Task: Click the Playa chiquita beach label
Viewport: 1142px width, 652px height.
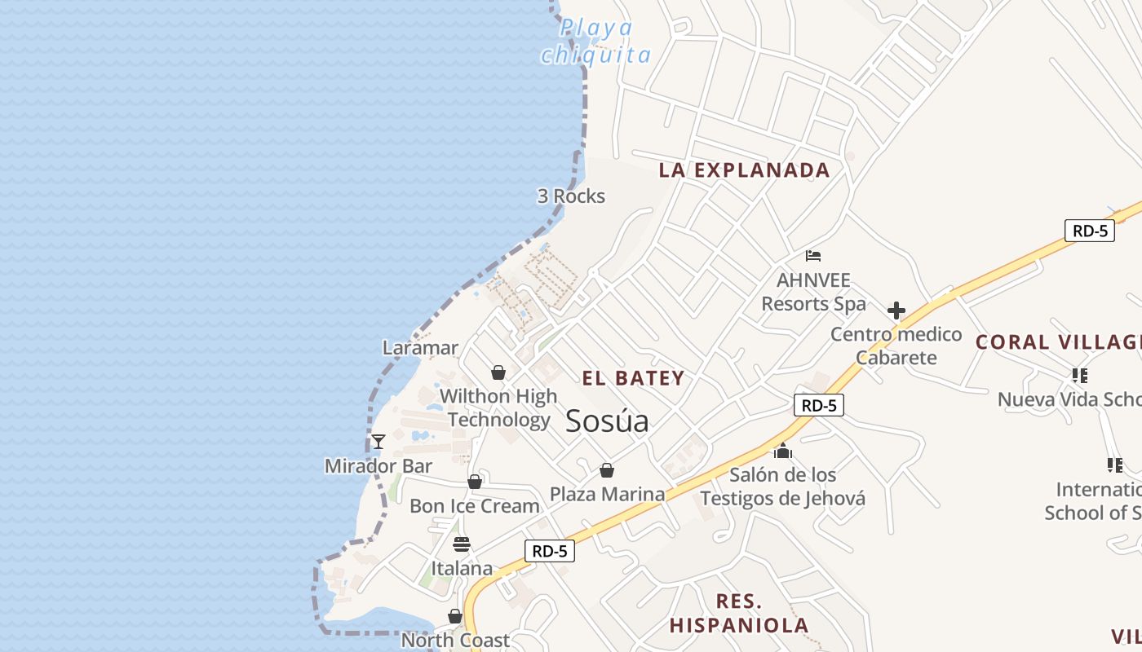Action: click(596, 42)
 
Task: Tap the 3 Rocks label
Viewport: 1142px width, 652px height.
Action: click(571, 196)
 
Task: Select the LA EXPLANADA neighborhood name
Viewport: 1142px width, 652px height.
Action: click(744, 170)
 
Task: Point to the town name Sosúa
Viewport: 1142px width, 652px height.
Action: click(607, 421)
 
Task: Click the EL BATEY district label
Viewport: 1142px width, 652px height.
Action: click(633, 378)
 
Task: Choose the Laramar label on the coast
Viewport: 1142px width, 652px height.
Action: click(420, 348)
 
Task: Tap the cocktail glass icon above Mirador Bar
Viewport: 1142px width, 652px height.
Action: click(378, 442)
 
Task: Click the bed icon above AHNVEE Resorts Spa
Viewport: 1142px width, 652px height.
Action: click(812, 256)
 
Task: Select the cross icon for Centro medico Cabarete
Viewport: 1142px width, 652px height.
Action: click(896, 311)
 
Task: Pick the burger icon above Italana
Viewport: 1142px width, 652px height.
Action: click(462, 544)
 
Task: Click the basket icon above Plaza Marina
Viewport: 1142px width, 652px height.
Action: click(606, 470)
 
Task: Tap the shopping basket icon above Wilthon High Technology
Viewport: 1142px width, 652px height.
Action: click(498, 372)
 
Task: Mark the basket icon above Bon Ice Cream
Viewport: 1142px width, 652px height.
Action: click(475, 482)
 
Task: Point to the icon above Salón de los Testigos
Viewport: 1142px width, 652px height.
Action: click(783, 451)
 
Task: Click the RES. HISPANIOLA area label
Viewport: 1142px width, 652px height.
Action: click(739, 614)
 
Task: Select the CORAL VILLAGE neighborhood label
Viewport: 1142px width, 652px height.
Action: click(1058, 342)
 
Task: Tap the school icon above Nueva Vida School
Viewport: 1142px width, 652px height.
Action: click(1079, 376)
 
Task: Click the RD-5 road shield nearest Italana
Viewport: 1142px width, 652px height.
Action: click(549, 551)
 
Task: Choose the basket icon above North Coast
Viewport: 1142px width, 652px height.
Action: click(455, 616)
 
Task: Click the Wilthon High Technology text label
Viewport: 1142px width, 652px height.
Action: click(498, 408)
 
